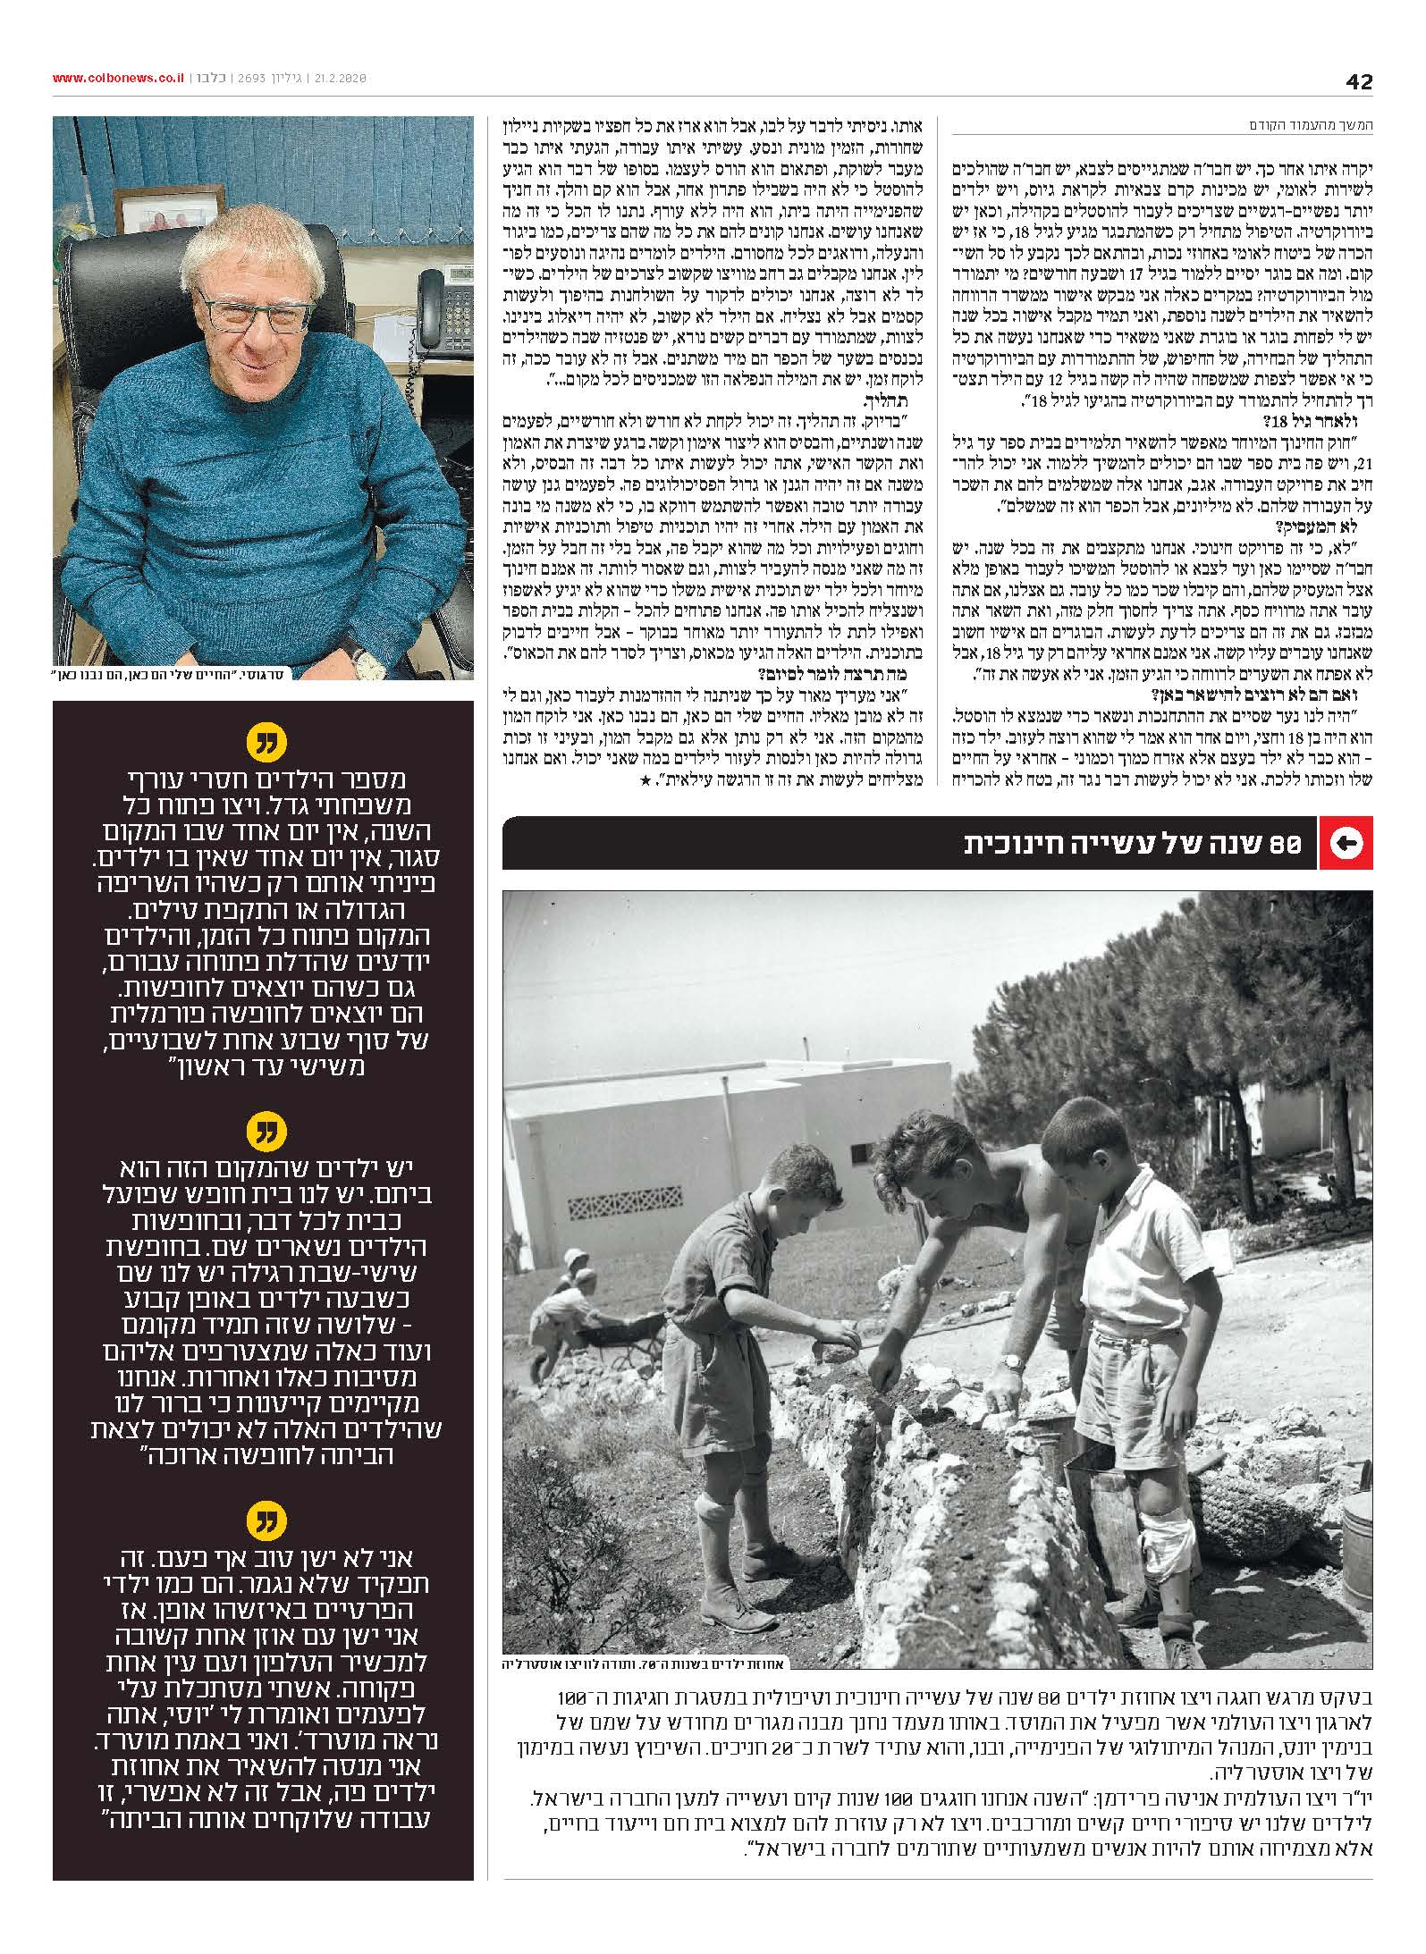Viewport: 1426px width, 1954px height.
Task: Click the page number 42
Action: pyautogui.click(x=1359, y=81)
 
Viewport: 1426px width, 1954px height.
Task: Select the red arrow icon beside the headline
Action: pyautogui.click(x=1346, y=843)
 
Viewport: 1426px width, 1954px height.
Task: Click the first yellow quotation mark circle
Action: pyautogui.click(x=263, y=743)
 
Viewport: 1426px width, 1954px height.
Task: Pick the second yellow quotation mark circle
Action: pyautogui.click(x=263, y=1135)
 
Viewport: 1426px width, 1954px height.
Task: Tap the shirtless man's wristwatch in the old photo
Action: pyautogui.click(x=1012, y=1388)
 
